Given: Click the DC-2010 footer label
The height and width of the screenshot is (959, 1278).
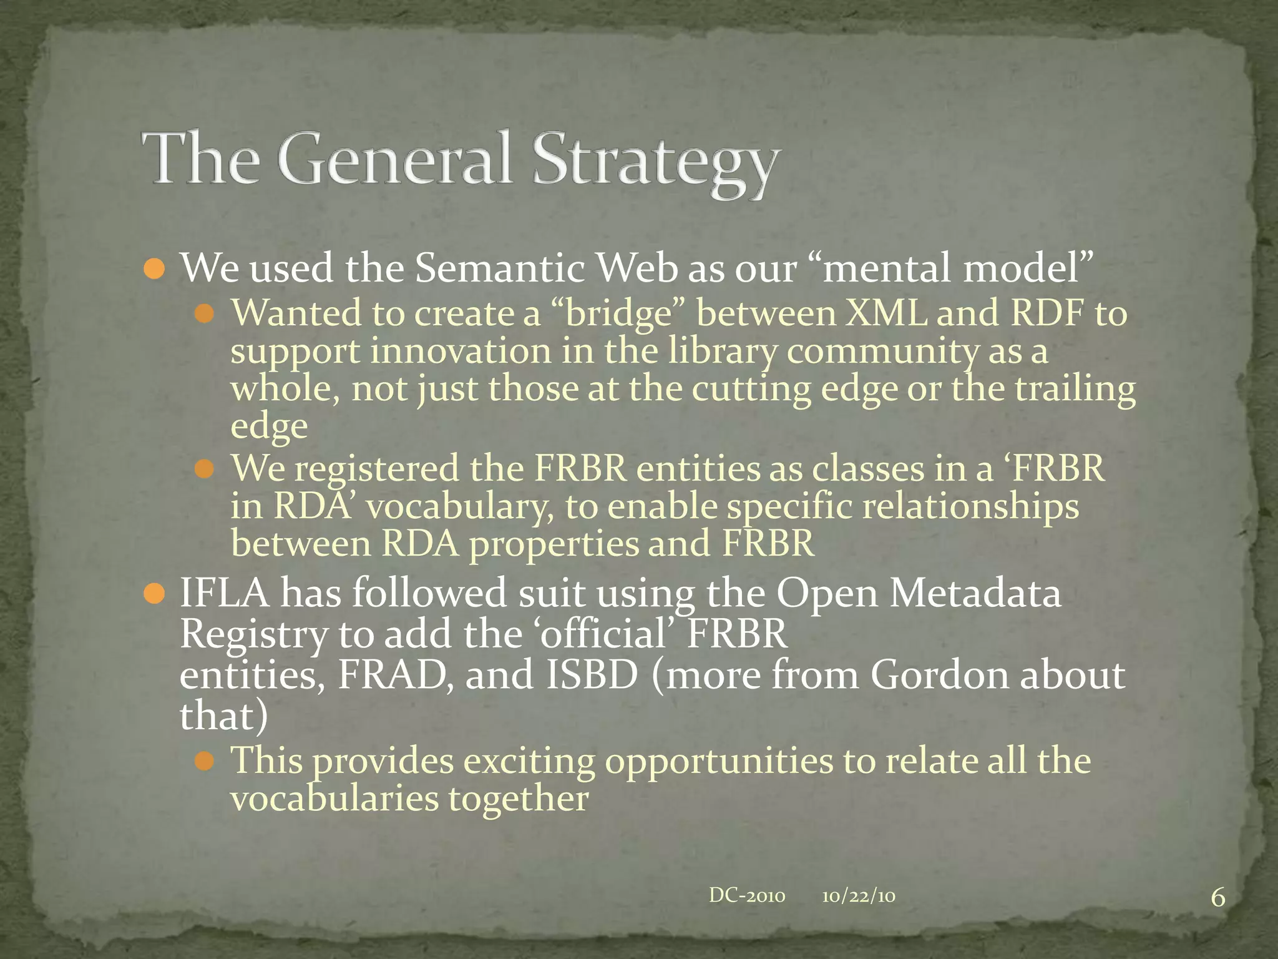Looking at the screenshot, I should (747, 896).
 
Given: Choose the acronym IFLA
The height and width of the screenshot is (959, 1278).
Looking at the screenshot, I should (225, 593).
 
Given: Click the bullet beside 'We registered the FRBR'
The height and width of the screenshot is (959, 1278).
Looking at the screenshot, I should (204, 469).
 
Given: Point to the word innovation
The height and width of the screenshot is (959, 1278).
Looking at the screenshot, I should (461, 351).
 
